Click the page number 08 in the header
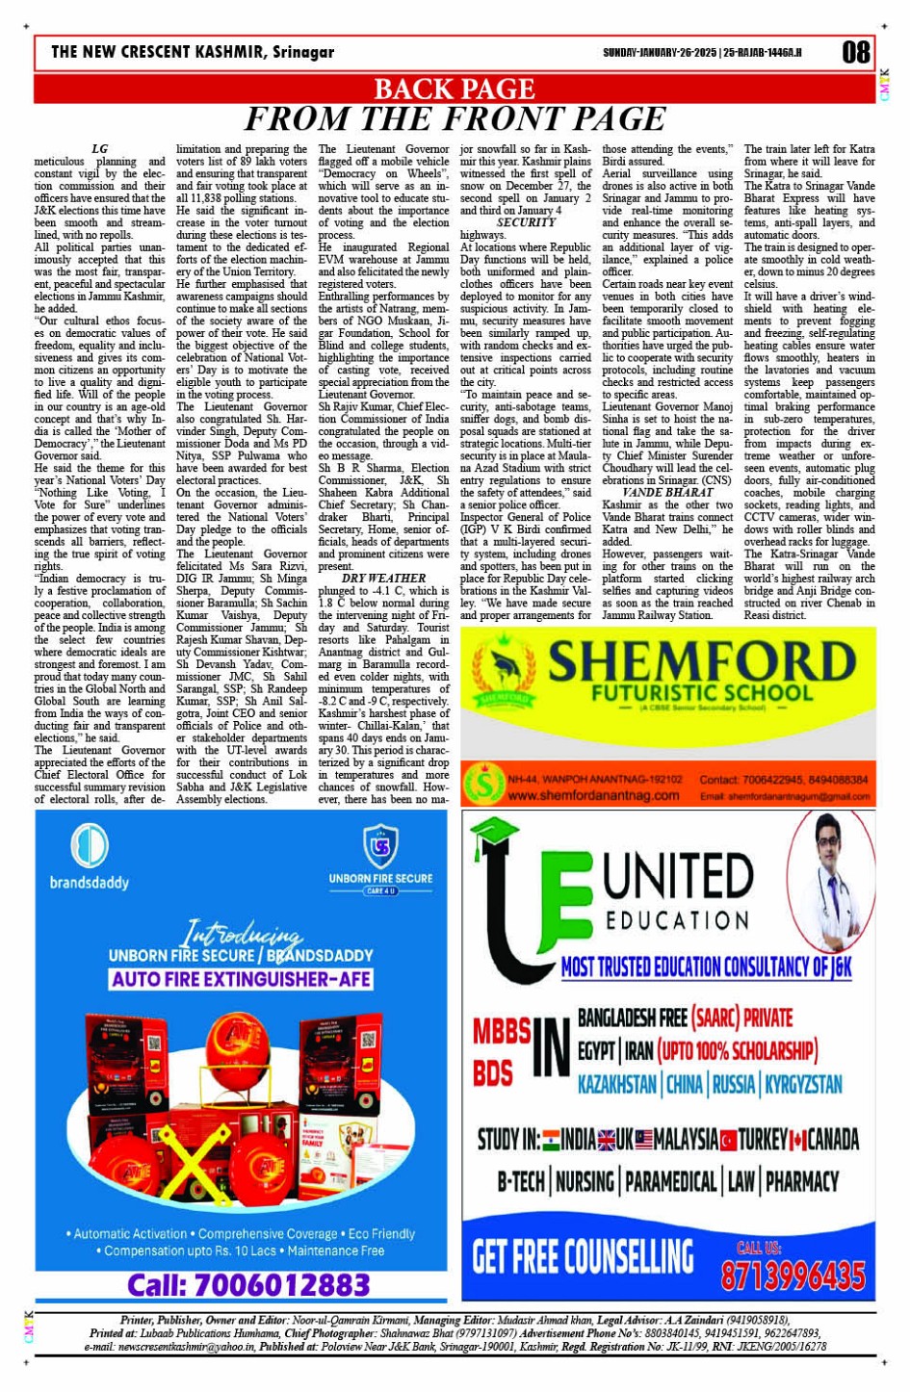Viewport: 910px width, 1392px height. pos(856,51)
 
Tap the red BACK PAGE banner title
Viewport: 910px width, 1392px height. pos(454,89)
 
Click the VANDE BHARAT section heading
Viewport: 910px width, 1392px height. pos(667,492)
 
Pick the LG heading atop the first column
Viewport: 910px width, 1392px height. pos(99,149)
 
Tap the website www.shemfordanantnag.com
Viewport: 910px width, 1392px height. pos(593,796)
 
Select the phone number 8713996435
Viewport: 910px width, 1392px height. pos(793,1276)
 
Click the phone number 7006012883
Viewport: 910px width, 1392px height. pos(248,1284)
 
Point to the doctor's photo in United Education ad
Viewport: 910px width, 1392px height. pos(830,866)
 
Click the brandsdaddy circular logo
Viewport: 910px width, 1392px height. pos(89,846)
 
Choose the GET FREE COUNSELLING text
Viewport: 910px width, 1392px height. pos(583,1256)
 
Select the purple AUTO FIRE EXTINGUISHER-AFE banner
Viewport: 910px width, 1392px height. pos(241,979)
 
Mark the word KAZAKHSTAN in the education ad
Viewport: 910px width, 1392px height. pos(616,1084)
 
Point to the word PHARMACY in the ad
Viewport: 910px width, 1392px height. pos(802,1181)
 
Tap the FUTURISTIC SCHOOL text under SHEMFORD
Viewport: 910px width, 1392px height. pos(701,693)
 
